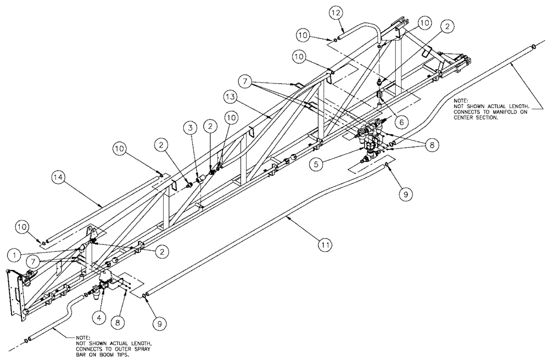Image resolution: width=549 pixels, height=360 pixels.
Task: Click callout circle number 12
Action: tap(336, 13)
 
